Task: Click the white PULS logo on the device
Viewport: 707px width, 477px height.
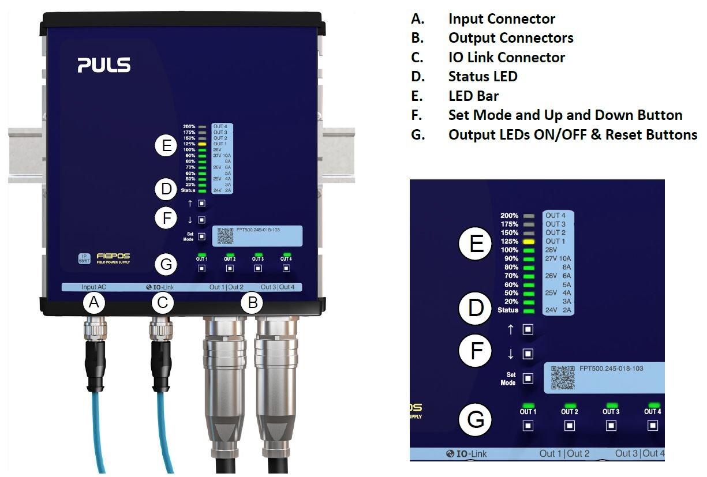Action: tap(104, 65)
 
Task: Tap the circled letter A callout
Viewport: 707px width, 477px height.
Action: tap(94, 302)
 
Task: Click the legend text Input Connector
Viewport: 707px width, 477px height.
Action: tap(502, 18)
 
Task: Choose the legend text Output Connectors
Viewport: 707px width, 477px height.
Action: tap(511, 38)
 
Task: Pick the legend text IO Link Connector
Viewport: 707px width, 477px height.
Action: tap(506, 57)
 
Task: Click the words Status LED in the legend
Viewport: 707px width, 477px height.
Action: tap(482, 76)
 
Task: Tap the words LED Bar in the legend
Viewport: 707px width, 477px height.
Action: tap(473, 96)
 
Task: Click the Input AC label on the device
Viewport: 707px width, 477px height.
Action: tap(93, 287)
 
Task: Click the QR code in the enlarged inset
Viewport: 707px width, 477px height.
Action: tap(563, 377)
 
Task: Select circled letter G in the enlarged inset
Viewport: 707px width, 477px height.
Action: tap(476, 419)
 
